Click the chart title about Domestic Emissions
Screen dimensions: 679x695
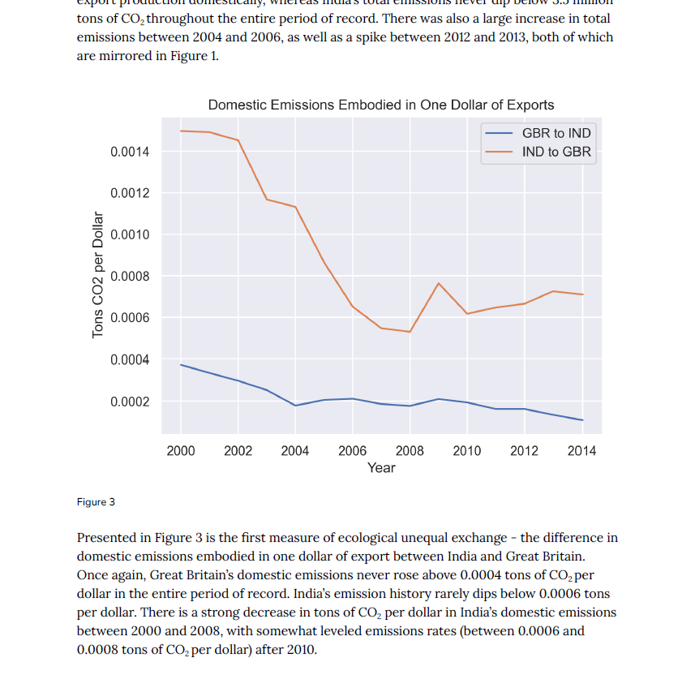(381, 105)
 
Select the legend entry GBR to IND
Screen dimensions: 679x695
(556, 133)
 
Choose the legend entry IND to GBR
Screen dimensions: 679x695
(556, 152)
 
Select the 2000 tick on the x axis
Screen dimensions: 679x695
(180, 451)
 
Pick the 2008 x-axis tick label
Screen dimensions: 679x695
(410, 451)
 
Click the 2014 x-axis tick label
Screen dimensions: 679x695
(581, 451)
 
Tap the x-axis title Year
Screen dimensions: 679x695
(381, 468)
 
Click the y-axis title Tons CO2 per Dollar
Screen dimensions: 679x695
(99, 275)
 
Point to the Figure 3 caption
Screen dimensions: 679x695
(96, 502)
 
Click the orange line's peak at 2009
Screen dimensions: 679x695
(439, 283)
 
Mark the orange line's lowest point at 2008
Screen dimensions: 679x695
(410, 332)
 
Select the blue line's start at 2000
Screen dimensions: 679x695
(181, 365)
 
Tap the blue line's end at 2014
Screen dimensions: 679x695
(582, 420)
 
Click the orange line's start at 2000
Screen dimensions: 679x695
(181, 131)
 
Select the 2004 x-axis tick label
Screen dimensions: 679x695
(295, 451)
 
